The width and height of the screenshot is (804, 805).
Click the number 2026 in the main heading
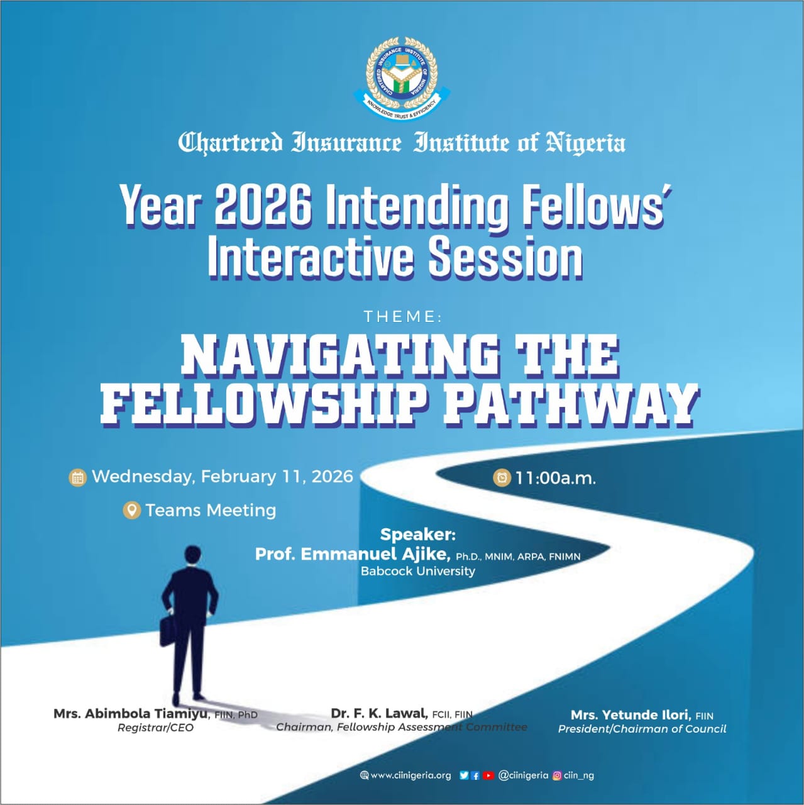[x=263, y=205]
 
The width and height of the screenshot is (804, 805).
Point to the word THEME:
[x=402, y=316]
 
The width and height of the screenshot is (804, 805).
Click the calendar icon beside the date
[x=77, y=477]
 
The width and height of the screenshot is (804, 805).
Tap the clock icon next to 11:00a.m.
[x=502, y=478]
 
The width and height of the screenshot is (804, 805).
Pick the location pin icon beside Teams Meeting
[x=131, y=510]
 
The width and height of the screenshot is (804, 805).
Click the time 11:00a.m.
[x=555, y=478]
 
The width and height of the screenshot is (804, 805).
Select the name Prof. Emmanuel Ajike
[x=353, y=554]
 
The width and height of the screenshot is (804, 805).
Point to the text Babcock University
[x=417, y=571]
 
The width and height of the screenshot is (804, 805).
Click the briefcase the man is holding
[x=168, y=630]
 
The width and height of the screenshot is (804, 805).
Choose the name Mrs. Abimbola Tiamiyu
[x=131, y=714]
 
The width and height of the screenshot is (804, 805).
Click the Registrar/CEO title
[x=155, y=728]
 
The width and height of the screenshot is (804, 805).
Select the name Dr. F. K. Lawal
[x=379, y=713]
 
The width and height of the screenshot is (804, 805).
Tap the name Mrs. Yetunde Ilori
[x=631, y=715]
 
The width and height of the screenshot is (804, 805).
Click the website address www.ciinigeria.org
[x=410, y=775]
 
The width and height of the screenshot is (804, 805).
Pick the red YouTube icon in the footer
[x=488, y=775]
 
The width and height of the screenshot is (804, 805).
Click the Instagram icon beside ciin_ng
[x=556, y=775]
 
